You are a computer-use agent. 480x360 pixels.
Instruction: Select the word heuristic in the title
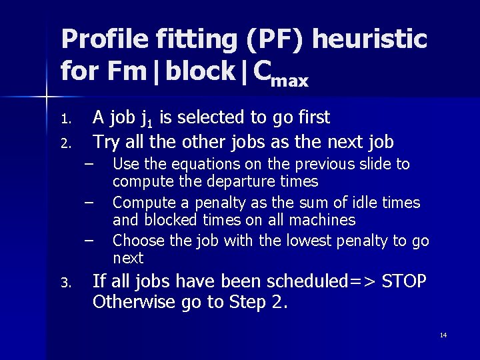(369, 40)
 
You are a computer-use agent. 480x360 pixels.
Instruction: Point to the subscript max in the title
(290, 82)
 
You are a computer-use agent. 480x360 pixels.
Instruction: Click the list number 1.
(65, 120)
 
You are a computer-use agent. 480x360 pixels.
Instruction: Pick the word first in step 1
(313, 118)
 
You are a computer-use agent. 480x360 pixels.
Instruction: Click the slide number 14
(443, 335)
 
